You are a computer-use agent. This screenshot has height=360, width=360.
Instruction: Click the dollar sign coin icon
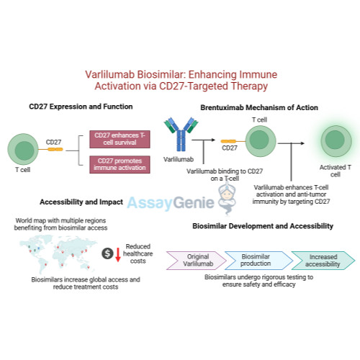(x=108, y=253)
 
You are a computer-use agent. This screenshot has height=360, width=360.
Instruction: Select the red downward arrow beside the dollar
(x=118, y=254)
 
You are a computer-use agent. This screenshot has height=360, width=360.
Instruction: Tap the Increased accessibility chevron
(x=322, y=259)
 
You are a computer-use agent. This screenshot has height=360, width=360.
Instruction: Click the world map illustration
(x=54, y=253)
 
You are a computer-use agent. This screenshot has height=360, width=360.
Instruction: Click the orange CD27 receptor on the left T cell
(x=55, y=149)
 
